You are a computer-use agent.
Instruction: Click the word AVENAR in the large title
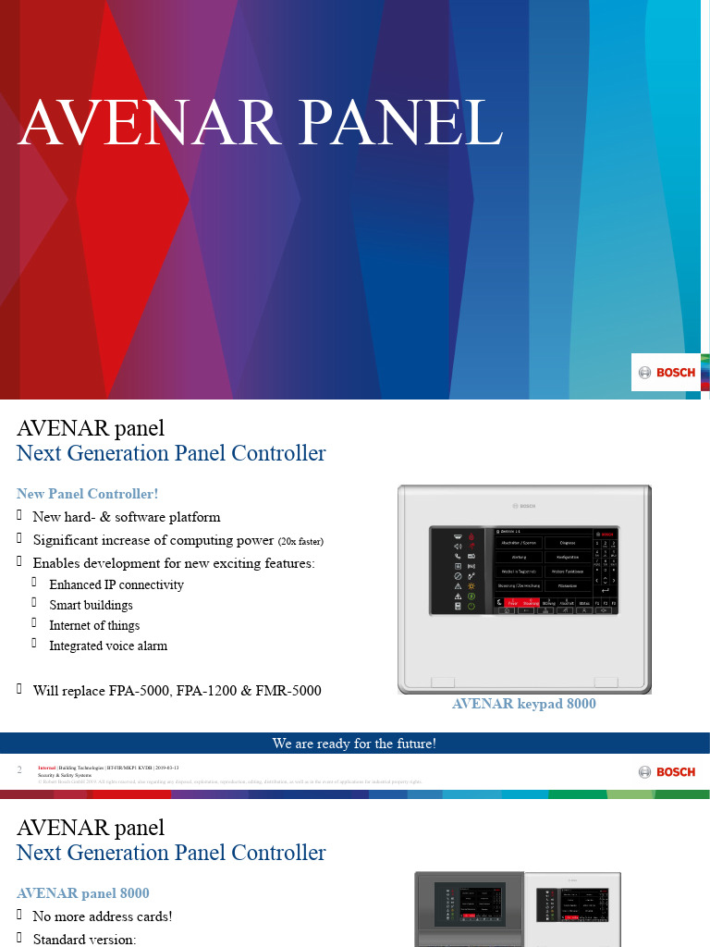(140, 122)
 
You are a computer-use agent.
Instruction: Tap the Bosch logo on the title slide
(667, 373)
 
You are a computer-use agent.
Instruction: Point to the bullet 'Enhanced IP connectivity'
(116, 584)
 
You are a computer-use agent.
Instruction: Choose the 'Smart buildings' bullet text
(91, 605)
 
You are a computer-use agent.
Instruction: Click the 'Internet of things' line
(95, 625)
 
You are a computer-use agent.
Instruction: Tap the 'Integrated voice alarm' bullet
(108, 646)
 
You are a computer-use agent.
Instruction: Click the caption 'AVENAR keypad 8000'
(523, 704)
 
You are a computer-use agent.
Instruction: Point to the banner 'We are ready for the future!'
(354, 744)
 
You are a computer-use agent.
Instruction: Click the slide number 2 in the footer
(19, 770)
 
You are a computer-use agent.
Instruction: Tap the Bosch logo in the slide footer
(667, 772)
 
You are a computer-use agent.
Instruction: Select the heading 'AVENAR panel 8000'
(83, 893)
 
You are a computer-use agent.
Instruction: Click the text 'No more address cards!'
(103, 916)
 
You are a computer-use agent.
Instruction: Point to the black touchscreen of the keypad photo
(522, 572)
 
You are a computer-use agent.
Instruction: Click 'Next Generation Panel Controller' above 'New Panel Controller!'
(171, 453)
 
